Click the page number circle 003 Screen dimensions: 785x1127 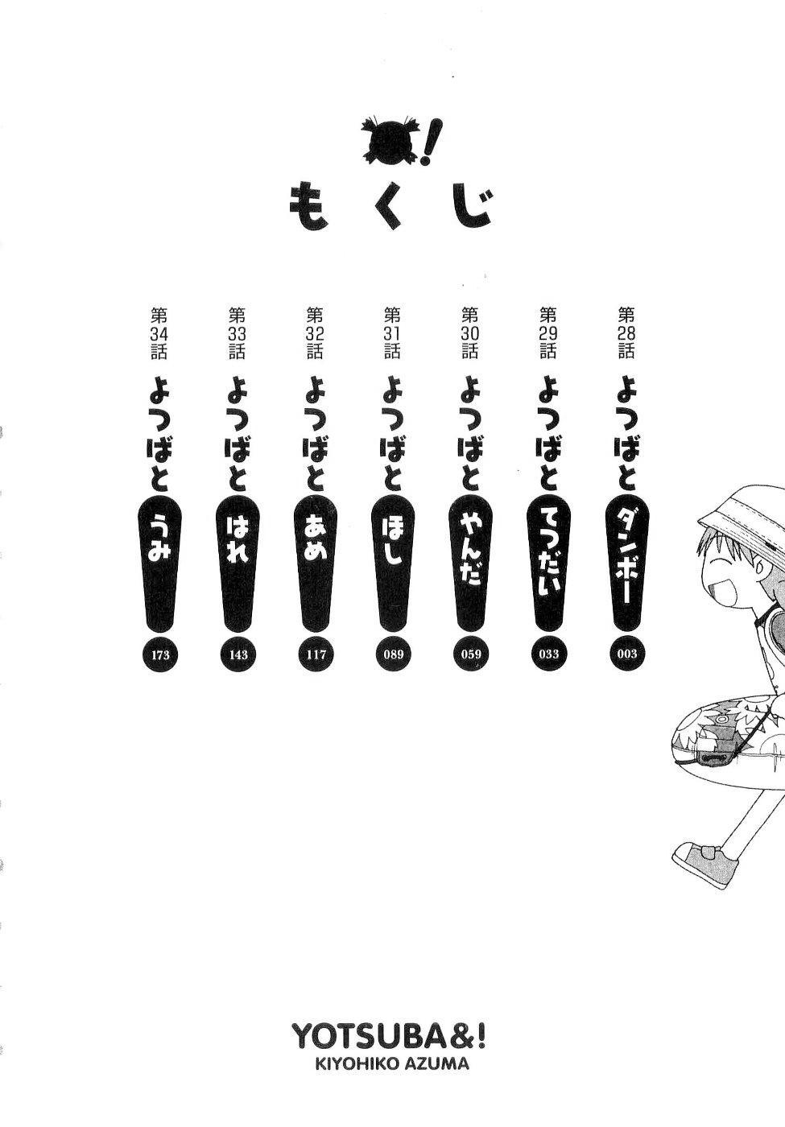click(626, 654)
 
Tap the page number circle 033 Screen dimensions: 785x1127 click(548, 654)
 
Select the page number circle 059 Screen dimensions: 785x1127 click(471, 654)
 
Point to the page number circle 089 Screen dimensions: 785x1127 click(394, 654)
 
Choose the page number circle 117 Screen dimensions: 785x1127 click(316, 654)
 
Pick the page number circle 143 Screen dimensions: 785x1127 click(238, 654)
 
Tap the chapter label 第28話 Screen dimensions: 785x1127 click(626, 333)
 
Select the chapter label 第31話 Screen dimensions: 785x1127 click(393, 333)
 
